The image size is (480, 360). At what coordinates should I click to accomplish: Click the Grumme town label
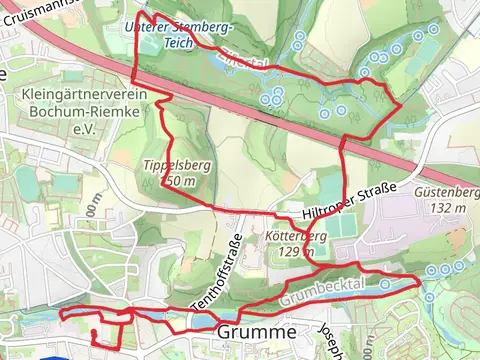tap(256, 332)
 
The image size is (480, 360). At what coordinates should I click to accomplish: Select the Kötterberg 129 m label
tap(298, 244)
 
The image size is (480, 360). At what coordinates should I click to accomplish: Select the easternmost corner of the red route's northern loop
tap(402, 103)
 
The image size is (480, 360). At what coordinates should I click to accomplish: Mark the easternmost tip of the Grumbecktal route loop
tap(418, 280)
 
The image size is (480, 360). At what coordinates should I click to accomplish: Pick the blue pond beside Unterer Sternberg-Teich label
tap(148, 42)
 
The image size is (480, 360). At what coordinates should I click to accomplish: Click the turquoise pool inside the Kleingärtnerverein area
tap(65, 184)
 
